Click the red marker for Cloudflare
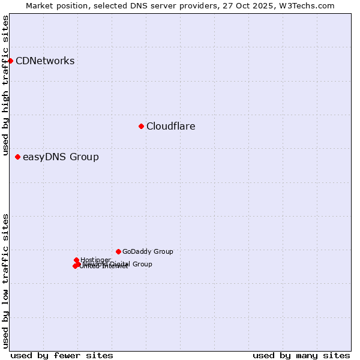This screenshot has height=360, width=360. (x=141, y=126)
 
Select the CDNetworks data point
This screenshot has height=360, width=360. (x=10, y=61)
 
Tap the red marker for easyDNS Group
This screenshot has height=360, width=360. (x=17, y=157)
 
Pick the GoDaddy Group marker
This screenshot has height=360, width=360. (x=118, y=251)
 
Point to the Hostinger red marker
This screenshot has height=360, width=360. (x=76, y=260)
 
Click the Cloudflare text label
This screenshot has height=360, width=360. (x=171, y=126)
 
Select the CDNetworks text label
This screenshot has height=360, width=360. (x=45, y=61)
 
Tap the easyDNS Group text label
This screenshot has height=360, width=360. (x=61, y=157)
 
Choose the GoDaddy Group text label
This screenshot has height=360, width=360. (x=148, y=252)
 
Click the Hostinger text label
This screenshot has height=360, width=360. (x=95, y=260)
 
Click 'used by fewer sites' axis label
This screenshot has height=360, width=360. (x=62, y=355)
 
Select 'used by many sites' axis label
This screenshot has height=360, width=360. (x=301, y=355)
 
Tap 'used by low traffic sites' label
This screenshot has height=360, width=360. (x=5, y=281)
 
